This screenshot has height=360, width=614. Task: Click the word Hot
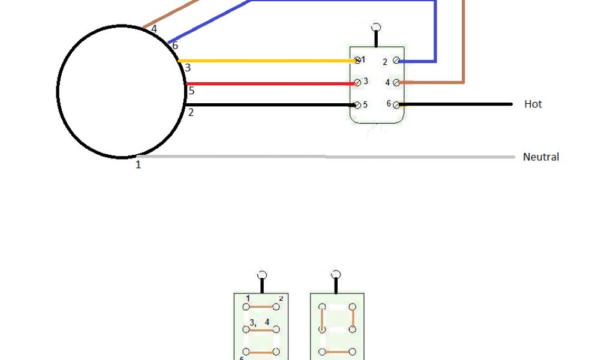tap(532, 104)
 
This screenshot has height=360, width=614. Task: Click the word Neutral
tap(541, 157)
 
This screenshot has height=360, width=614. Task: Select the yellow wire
tap(264, 61)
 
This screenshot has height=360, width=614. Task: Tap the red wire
tap(270, 84)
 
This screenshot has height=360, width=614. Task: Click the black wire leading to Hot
tap(456, 104)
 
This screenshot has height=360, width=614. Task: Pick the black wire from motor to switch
tap(270, 105)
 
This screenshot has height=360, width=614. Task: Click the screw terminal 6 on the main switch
tap(396, 104)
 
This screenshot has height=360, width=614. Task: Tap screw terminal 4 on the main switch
tap(396, 82)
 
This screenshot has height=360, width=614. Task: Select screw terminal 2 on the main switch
tap(396, 61)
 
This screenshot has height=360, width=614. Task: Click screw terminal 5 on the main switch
tap(357, 105)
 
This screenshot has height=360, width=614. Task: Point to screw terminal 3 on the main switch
tap(357, 82)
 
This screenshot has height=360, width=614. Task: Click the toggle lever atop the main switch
tap(376, 29)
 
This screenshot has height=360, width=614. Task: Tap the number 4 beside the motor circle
tap(154, 28)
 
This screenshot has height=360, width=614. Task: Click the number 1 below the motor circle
tap(138, 165)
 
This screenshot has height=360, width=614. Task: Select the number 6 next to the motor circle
tap(175, 46)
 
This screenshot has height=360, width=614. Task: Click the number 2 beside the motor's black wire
tap(191, 112)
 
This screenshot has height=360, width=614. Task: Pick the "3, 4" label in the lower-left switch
tap(260, 323)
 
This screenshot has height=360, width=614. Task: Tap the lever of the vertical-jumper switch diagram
tap(336, 275)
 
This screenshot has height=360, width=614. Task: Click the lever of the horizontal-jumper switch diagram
tap(261, 275)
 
